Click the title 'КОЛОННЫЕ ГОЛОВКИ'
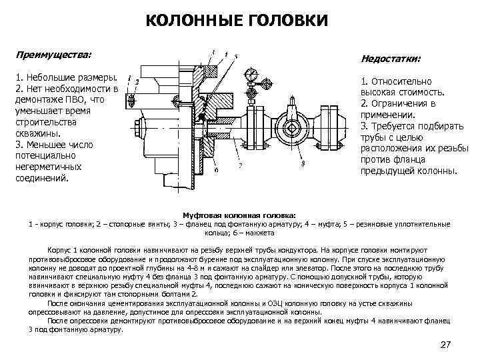[x=237, y=21]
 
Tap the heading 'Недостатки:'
[x=391, y=59]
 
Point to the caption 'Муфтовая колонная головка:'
[x=240, y=216]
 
